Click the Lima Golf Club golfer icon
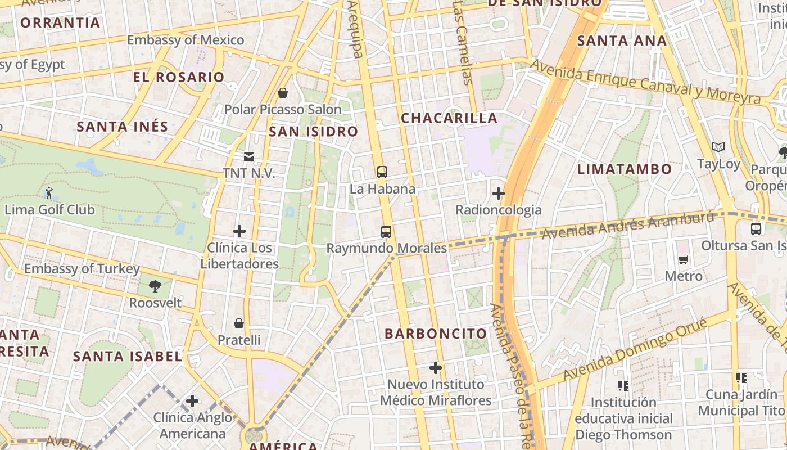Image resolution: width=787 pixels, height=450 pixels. [x=49, y=193]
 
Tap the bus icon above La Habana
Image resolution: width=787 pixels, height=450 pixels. [x=382, y=172]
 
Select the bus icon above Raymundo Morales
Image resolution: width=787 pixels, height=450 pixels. [x=386, y=231]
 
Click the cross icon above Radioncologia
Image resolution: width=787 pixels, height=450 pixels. [x=498, y=194]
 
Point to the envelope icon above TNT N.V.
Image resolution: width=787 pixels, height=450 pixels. [x=248, y=156]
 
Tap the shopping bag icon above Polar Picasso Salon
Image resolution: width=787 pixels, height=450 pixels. [x=283, y=93]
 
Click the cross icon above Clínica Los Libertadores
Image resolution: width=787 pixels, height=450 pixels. [x=239, y=231]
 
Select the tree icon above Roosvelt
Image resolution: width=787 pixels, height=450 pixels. [x=155, y=286]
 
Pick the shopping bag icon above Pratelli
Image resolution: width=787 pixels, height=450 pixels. [x=239, y=323]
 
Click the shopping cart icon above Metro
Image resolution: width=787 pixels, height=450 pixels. [x=684, y=260]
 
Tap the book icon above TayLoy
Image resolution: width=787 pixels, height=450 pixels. [x=718, y=147]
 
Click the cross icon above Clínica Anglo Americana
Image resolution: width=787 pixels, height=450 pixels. [x=192, y=401]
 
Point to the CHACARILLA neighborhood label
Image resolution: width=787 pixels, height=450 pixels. [x=449, y=118]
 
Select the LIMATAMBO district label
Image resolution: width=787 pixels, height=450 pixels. [x=625, y=169]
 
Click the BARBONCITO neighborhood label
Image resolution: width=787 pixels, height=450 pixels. [x=436, y=334]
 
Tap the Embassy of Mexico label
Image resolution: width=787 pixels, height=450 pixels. [x=186, y=40]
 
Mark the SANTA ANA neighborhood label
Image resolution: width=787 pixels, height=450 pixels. [x=622, y=40]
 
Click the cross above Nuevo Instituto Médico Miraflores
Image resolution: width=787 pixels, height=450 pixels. [x=436, y=368]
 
